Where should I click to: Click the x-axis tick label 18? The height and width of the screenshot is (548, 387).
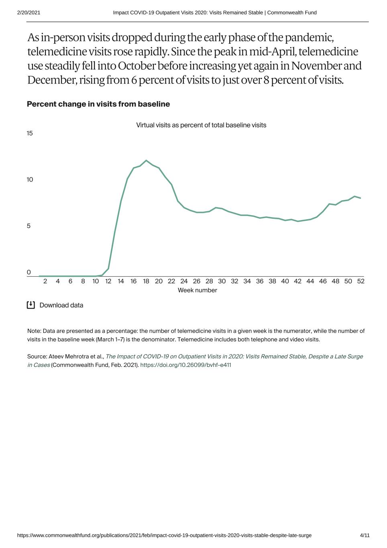pos(146,281)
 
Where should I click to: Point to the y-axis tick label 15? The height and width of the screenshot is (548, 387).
pos(30,133)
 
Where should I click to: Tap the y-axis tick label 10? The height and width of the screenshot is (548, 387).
pos(30,179)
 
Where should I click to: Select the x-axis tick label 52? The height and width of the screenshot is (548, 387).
pos(361,281)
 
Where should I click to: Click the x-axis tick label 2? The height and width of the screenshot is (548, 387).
pos(45,281)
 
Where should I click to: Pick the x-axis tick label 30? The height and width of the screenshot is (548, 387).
pos(222,281)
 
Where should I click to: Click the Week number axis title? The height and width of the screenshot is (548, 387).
pos(197,290)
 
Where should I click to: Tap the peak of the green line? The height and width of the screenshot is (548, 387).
pos(146,161)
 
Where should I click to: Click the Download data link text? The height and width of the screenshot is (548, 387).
pos(61,305)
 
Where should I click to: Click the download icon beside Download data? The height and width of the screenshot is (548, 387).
pos(31,305)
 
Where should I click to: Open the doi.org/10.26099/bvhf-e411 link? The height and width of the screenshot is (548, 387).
pos(185,365)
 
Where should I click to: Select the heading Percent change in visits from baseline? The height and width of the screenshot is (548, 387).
pos(98,104)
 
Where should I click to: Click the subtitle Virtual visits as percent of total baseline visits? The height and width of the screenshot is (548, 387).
pos(201,125)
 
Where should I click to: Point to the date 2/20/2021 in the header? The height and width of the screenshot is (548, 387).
pos(29,12)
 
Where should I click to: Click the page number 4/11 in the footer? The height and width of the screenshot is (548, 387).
pos(365,535)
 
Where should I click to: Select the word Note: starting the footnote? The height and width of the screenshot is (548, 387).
pos(34,331)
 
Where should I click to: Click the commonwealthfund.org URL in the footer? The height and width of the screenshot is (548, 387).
pos(164,535)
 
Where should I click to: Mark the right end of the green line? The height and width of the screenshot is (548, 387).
pos(361,198)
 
